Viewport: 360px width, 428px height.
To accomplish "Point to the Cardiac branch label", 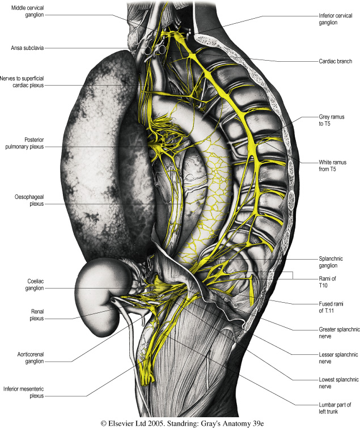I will pyautogui.click(x=334, y=61).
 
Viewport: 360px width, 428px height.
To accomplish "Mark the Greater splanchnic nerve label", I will pyautogui.click(x=335, y=331).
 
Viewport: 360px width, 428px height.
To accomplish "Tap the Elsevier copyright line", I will pyautogui.click(x=179, y=422).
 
